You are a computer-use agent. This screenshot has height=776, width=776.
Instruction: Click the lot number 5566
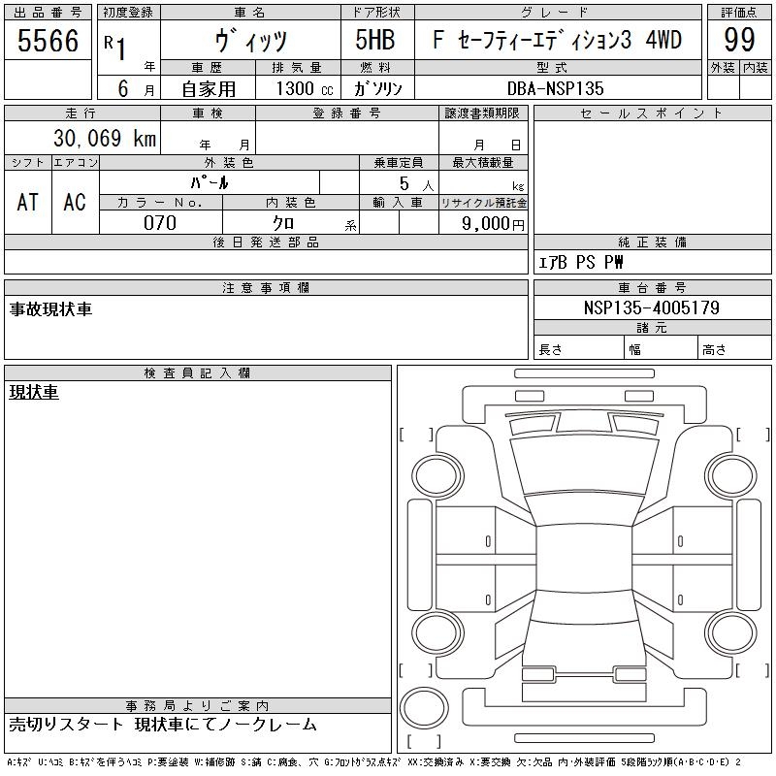pos(48,41)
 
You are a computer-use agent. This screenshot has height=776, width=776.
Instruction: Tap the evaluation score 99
pos(739,40)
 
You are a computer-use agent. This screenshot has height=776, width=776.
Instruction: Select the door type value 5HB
pos(375,40)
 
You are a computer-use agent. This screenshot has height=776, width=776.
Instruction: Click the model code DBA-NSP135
pos(555,88)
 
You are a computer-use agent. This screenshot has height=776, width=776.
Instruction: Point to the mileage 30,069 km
pos(105,138)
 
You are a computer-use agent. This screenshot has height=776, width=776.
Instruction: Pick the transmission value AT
pos(28,203)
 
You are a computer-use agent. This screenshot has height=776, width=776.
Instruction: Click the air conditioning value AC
pos(75,203)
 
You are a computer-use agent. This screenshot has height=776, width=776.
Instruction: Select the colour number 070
pos(160,223)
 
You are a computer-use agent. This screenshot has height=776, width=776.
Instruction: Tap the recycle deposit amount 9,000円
pos(493,224)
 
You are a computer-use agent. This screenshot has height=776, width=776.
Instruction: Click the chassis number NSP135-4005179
pos(652,307)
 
